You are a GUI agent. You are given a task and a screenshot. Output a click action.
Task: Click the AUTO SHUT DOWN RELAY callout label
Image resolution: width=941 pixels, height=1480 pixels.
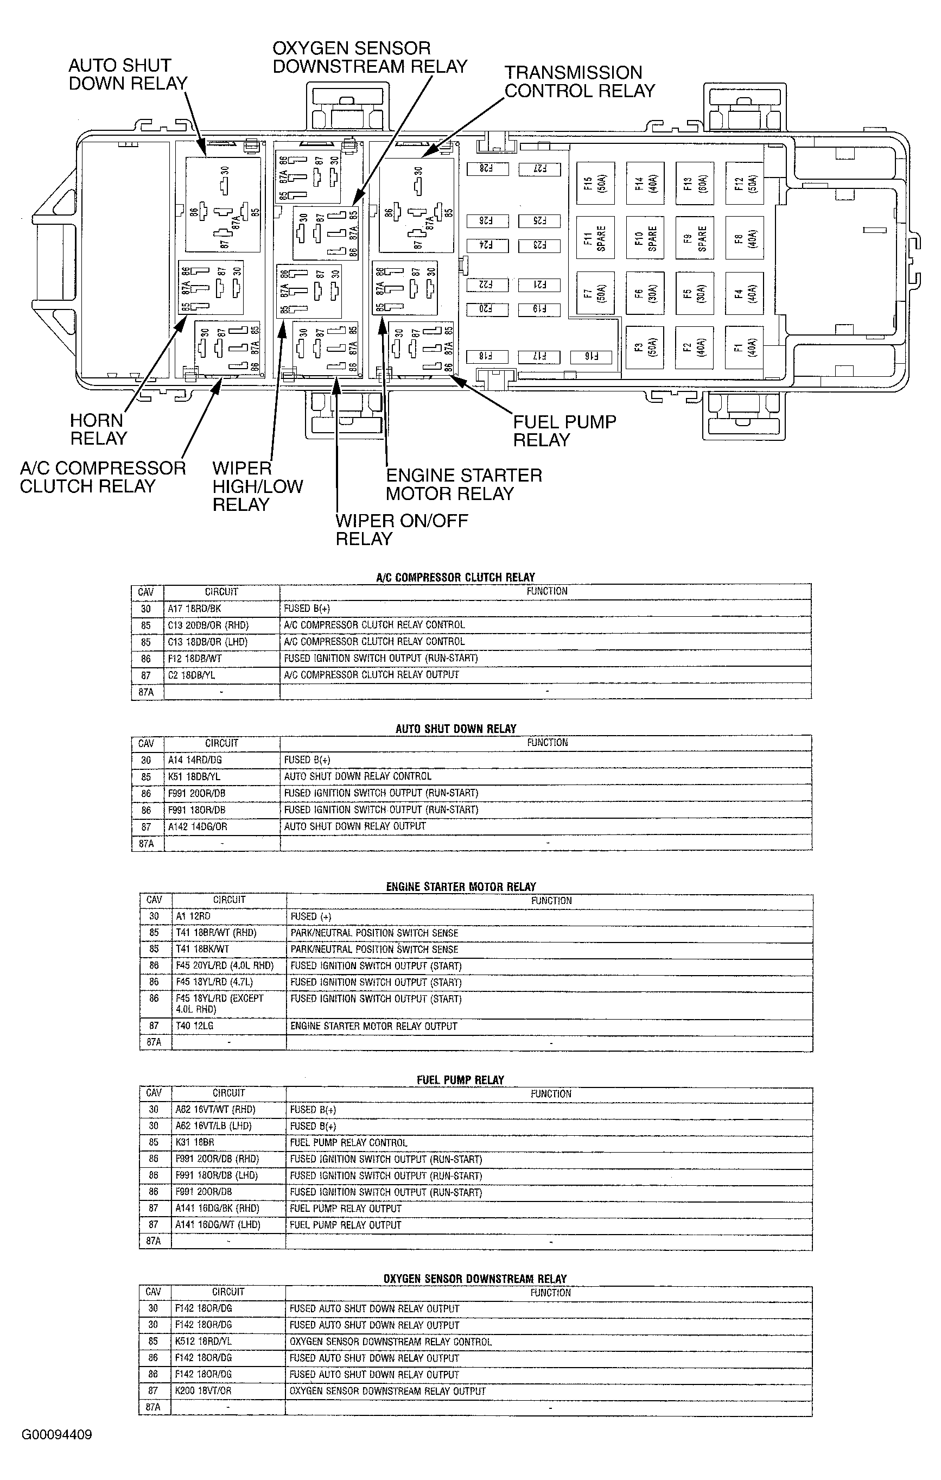coord(127,74)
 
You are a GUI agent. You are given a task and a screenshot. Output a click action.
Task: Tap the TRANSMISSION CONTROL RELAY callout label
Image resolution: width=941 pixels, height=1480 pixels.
coord(579,82)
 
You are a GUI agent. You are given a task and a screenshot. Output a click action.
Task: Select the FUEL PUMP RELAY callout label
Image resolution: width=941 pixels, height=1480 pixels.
coord(564,431)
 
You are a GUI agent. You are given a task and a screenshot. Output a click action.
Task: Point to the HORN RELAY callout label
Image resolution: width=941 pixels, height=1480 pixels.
coord(98,429)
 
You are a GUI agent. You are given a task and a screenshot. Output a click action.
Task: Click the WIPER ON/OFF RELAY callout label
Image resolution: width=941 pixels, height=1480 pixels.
coord(401,529)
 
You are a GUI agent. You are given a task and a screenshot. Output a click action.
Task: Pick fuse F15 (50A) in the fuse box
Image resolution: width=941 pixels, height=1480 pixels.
coord(595,183)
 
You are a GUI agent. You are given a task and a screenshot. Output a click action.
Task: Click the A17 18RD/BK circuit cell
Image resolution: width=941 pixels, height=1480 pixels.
coord(194,609)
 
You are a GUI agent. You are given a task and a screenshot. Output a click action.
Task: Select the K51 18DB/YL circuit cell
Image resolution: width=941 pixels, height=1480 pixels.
coord(194,776)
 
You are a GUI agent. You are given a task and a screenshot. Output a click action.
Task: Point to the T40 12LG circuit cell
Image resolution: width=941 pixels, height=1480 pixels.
coord(194,1026)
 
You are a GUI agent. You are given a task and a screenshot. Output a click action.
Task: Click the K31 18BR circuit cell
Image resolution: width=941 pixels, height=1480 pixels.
coord(195,1142)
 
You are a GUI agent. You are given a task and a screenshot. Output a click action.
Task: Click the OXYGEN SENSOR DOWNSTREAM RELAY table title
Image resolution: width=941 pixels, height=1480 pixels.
coord(475,1279)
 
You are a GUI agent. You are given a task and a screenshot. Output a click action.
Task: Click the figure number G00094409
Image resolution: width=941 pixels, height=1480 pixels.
coord(56,1434)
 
